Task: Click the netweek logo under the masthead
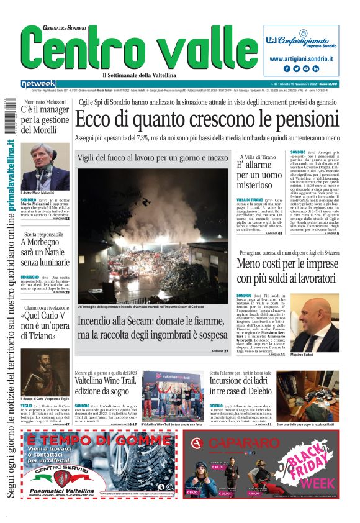pyautogui.click(x=38, y=83)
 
